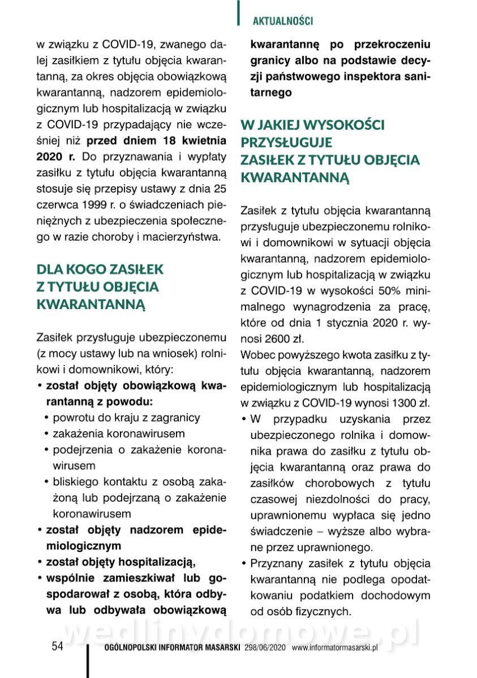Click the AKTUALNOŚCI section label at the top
click(283, 21)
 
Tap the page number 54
click(57, 647)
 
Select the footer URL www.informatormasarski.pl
click(334, 648)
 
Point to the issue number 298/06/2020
click(265, 648)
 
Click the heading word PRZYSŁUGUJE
click(286, 142)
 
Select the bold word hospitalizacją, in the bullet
click(154, 562)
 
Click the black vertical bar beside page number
click(88, 658)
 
